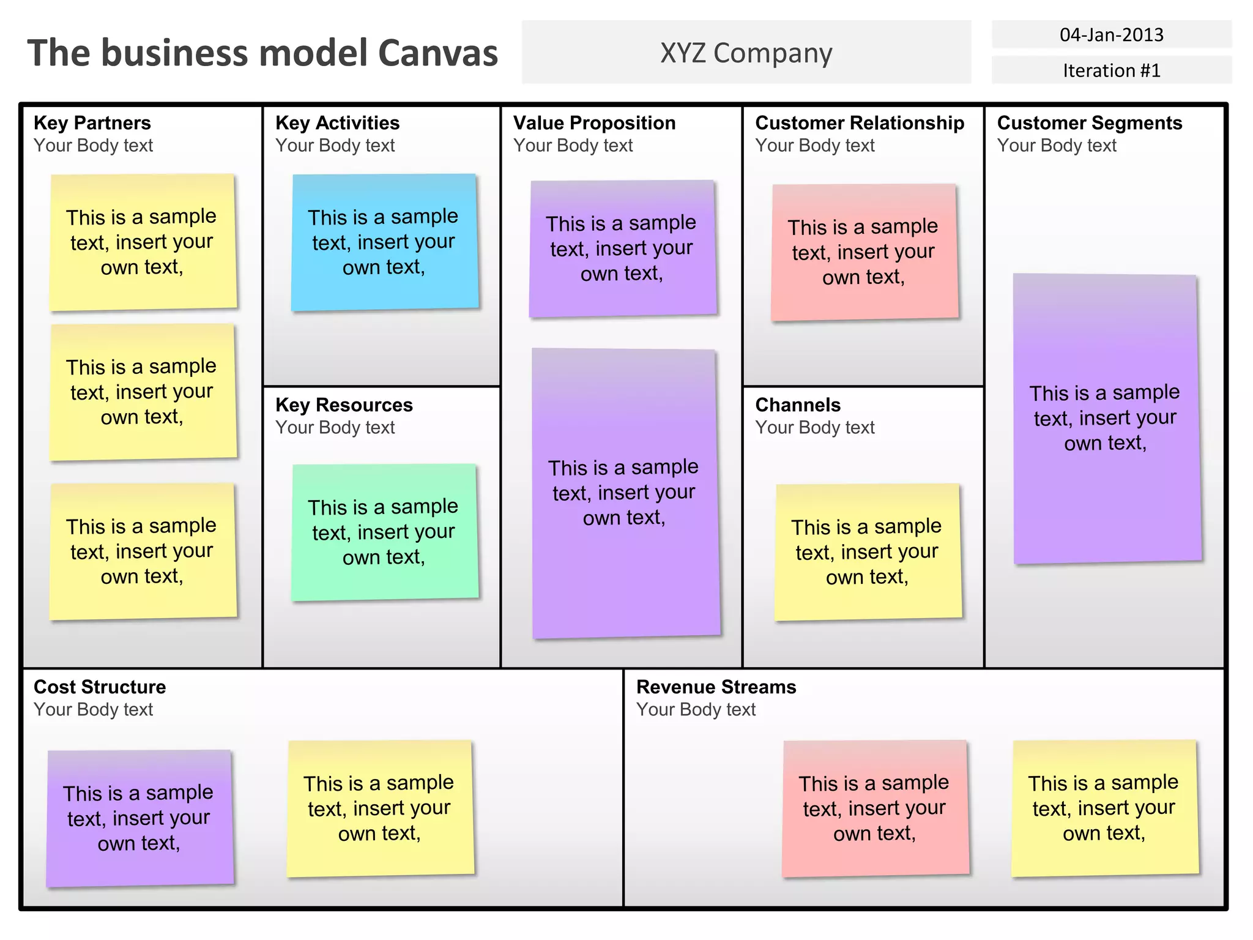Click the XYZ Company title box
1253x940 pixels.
(x=746, y=53)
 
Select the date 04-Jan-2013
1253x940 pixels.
(x=1111, y=35)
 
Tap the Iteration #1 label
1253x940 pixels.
(x=1111, y=70)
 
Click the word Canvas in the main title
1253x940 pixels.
(x=437, y=53)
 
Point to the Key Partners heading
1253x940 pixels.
(x=92, y=123)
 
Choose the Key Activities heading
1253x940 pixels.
(x=337, y=123)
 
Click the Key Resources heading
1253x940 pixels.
(x=344, y=405)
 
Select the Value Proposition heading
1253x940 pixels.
(x=594, y=123)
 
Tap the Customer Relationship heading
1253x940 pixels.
(x=860, y=123)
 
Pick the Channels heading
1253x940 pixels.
(x=798, y=405)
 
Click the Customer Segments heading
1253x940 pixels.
(x=1089, y=123)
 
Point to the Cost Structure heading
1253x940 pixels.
(x=100, y=687)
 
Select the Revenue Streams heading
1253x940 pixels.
(x=716, y=687)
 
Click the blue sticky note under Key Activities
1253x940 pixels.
(x=384, y=242)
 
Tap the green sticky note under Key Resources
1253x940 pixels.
(x=384, y=532)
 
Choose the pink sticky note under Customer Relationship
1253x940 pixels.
(x=864, y=252)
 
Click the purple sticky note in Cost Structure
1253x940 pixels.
(x=139, y=818)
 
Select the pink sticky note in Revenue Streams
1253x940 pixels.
(x=875, y=808)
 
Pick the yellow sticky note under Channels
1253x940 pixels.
(x=868, y=552)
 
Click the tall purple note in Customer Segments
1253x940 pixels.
(x=1106, y=419)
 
